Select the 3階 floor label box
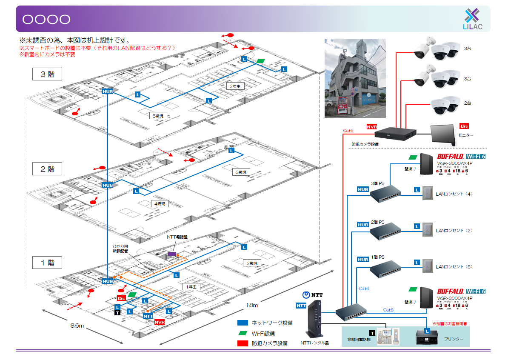tap(47, 74)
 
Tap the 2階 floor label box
tap(47, 169)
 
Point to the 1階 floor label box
tap(47, 263)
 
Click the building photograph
tap(355, 78)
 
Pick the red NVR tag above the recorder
tap(372, 127)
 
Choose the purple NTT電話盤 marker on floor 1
tap(172, 254)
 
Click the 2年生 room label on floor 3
tap(234, 86)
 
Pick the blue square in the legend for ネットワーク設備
tap(243, 323)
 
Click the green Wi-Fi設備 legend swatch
tap(243, 333)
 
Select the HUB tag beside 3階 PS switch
tap(362, 190)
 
